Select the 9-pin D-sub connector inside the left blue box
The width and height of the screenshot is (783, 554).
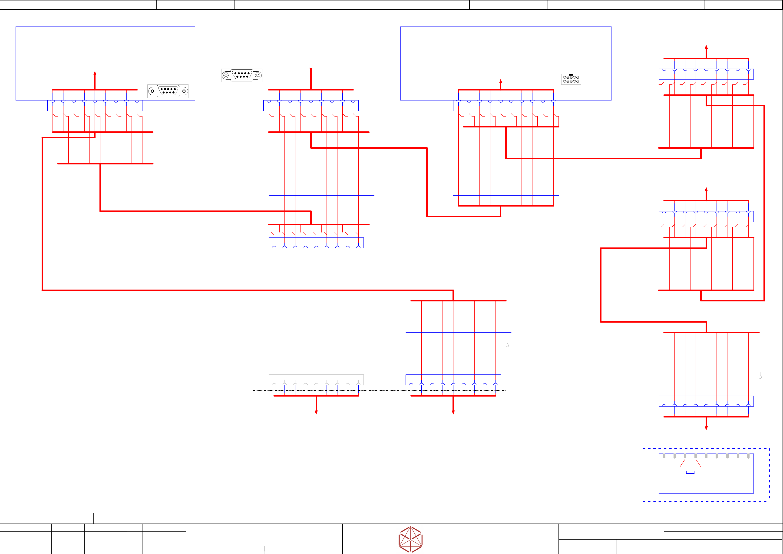coord(168,91)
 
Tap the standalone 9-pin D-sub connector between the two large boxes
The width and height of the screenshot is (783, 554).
coord(242,75)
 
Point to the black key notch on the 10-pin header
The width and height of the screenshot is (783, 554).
coord(571,75)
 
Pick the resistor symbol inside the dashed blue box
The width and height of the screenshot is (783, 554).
coord(690,472)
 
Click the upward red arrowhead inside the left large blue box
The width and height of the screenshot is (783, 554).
coord(95,73)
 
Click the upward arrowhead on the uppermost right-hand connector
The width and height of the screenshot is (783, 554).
coord(706,47)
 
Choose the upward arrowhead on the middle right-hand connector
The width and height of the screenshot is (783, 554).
coord(706,190)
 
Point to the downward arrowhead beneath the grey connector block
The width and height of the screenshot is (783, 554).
coord(316,412)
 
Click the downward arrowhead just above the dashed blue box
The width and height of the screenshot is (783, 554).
coord(706,428)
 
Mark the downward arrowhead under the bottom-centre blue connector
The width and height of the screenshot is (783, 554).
coord(453,412)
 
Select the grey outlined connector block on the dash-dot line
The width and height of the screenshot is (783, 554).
coord(316,380)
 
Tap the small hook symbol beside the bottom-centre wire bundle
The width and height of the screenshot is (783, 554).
coord(507,344)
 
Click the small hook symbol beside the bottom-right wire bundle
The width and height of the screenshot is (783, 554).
coord(760,375)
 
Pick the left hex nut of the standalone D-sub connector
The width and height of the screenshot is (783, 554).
coord(226,75)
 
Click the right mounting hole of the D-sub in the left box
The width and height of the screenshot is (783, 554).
coord(184,91)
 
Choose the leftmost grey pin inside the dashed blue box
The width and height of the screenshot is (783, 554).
coord(664,456)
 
